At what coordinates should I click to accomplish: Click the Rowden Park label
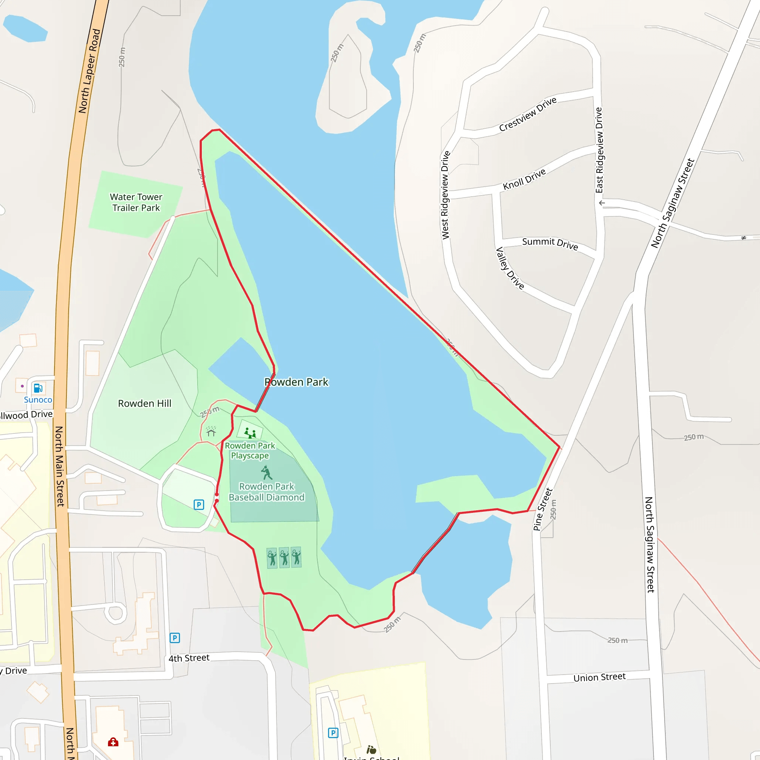tap(296, 382)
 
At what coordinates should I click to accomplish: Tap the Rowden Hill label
tap(144, 403)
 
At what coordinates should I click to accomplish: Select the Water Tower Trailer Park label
tap(136, 202)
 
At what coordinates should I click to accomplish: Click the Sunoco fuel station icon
tap(38, 388)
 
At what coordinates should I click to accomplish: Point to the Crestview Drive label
tap(528, 114)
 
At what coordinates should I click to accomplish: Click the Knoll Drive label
tap(524, 179)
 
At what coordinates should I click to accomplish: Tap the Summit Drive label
tap(550, 243)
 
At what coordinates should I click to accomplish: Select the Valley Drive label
tap(510, 268)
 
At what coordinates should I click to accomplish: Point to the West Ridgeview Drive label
tap(445, 195)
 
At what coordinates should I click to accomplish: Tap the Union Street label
tap(599, 677)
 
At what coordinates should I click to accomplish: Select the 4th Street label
tap(189, 658)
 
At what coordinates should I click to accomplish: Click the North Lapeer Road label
tap(89, 71)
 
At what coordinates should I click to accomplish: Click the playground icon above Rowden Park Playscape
tap(250, 433)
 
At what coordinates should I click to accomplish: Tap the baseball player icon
tap(266, 472)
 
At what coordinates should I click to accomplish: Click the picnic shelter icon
tap(211, 432)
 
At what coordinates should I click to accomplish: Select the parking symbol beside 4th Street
tap(175, 638)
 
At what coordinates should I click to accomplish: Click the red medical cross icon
tap(113, 742)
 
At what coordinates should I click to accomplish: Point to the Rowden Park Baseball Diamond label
tap(266, 492)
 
